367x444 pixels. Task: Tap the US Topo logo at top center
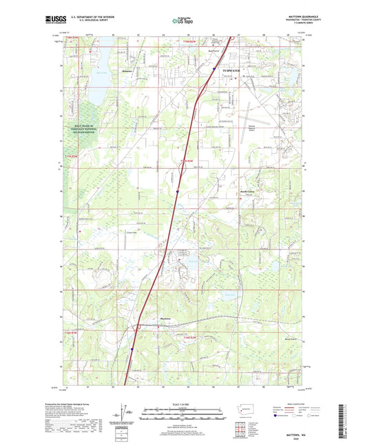click(x=182, y=21)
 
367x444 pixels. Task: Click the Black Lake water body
click(x=94, y=78)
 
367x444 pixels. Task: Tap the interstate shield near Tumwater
click(x=213, y=69)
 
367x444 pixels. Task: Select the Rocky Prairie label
click(x=282, y=339)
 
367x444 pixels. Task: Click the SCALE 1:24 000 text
click(x=183, y=403)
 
